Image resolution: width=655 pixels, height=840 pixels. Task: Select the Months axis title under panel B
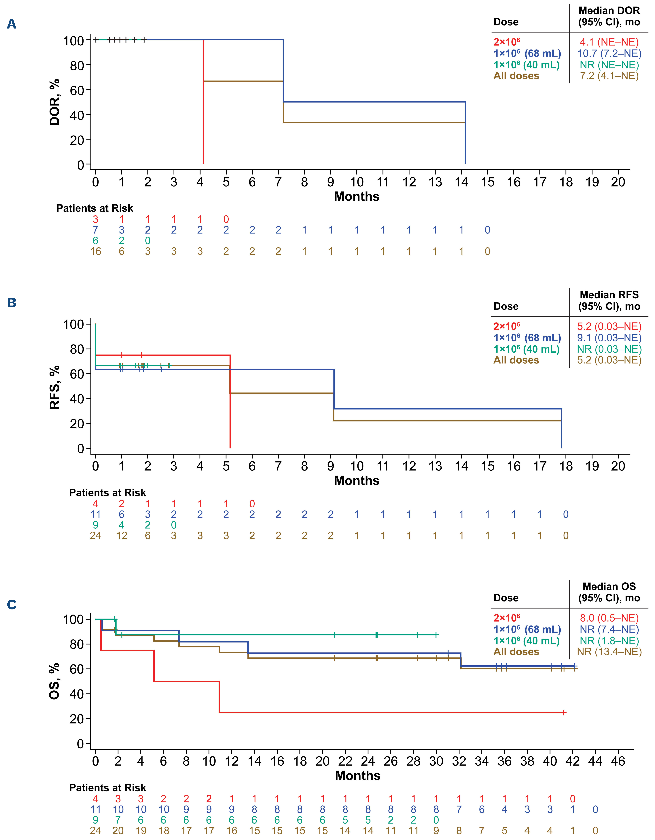(357, 481)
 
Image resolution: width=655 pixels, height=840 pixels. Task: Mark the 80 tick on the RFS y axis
(77, 349)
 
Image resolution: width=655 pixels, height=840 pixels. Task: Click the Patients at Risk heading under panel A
(95, 208)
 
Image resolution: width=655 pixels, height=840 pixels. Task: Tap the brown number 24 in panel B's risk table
(95, 536)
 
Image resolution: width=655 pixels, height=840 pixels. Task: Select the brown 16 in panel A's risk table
(95, 252)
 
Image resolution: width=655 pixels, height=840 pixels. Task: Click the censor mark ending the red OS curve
(564, 712)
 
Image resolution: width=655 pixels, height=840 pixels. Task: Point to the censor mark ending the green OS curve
(436, 635)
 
